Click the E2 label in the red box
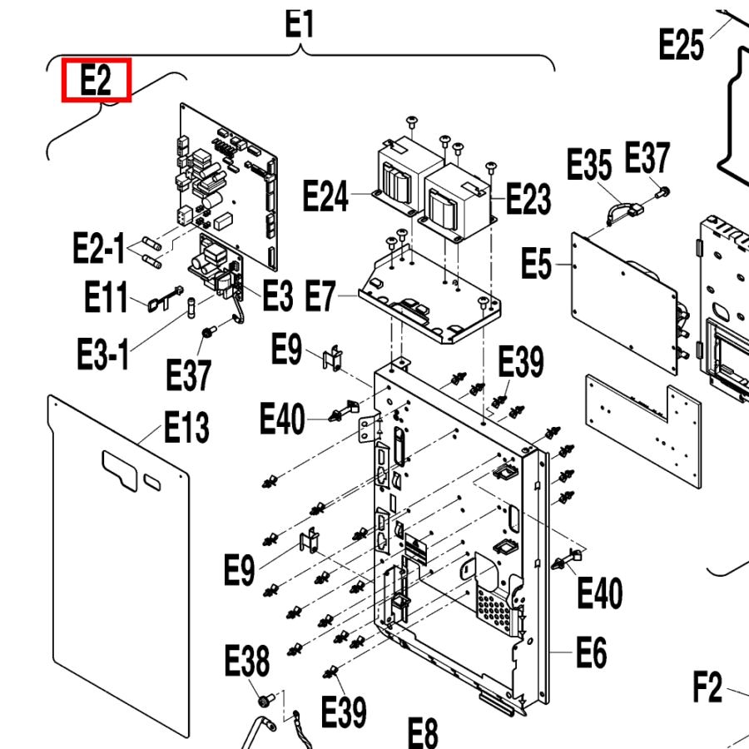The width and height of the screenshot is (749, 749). [x=97, y=82]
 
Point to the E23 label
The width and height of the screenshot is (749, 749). [x=528, y=200]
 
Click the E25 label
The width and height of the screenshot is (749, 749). [x=681, y=44]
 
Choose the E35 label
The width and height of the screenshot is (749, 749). [x=589, y=165]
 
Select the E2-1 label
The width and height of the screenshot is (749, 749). [x=98, y=248]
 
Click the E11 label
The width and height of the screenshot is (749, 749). [x=107, y=296]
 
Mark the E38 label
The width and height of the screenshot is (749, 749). [x=247, y=662]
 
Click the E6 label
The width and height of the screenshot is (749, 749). [x=591, y=652]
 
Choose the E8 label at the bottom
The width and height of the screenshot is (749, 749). [x=422, y=732]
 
